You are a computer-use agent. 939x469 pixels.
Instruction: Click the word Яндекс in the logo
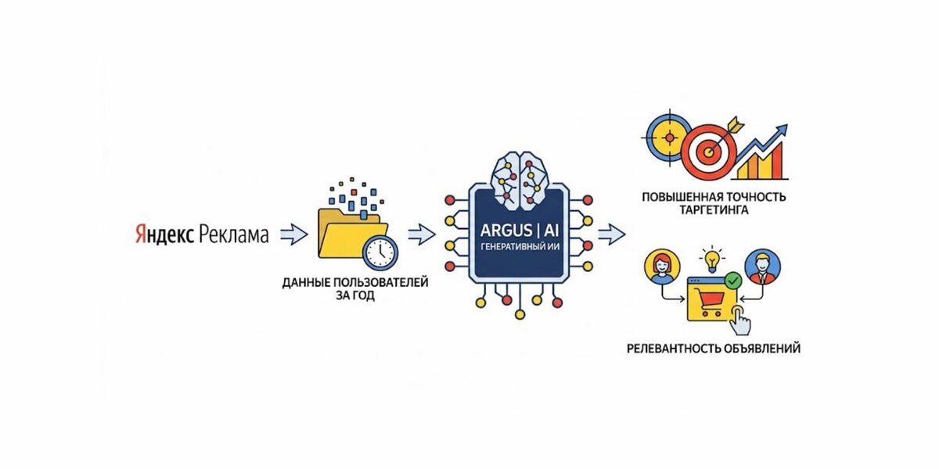point(163,234)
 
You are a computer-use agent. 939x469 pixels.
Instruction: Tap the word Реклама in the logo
point(233,234)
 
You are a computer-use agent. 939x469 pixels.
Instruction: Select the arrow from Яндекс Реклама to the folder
point(293,233)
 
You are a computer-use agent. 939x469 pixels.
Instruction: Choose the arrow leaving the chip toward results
point(611,233)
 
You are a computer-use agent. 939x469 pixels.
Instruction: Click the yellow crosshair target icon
point(668,138)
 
